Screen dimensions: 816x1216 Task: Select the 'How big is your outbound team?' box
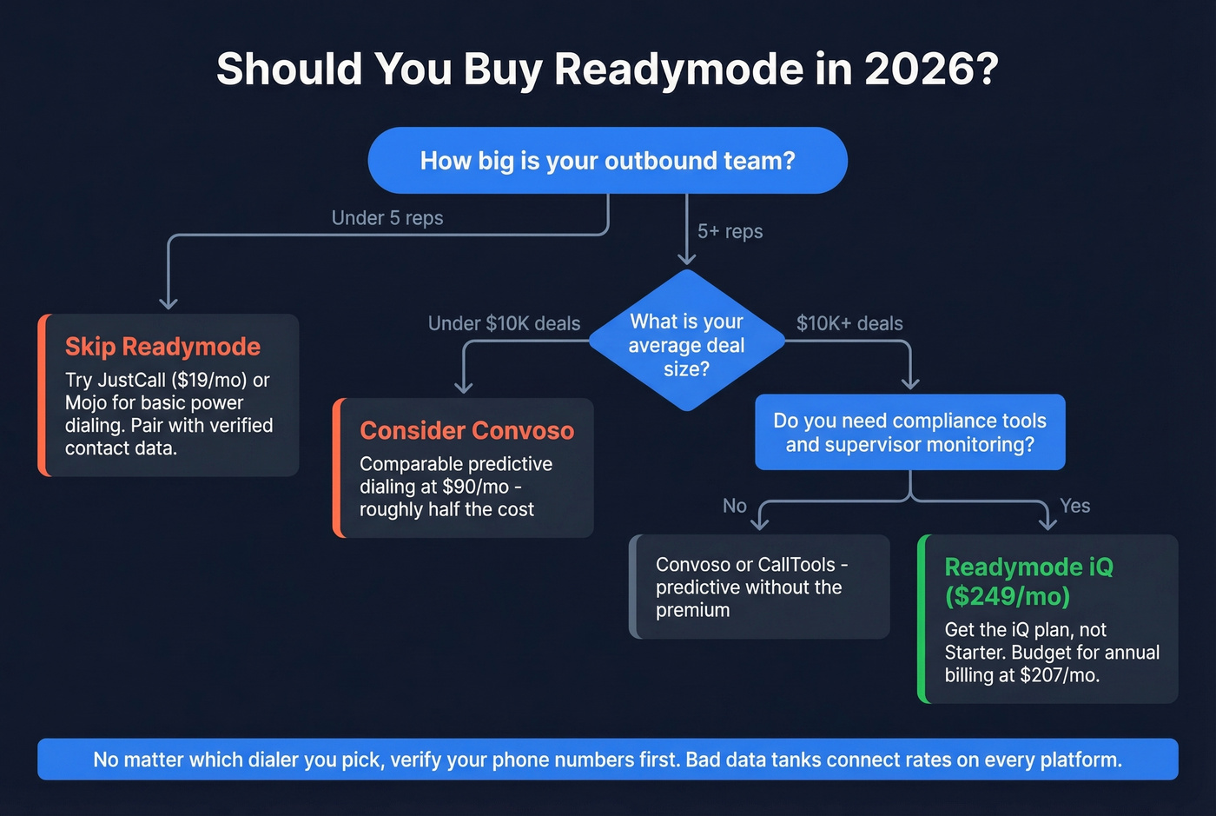(x=607, y=161)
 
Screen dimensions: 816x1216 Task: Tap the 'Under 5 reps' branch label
(x=387, y=218)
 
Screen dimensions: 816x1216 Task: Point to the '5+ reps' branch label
(x=730, y=232)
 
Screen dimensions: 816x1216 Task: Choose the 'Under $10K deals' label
(x=504, y=324)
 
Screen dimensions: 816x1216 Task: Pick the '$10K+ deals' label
(x=849, y=324)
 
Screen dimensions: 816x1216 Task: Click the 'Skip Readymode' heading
(x=162, y=347)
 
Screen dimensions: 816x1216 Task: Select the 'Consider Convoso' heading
(x=466, y=431)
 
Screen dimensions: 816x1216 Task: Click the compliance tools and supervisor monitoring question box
(x=909, y=433)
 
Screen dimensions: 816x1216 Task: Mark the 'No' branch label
(x=735, y=506)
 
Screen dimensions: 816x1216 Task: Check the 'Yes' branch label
(x=1074, y=506)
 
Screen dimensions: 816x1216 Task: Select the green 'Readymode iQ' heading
(x=1028, y=567)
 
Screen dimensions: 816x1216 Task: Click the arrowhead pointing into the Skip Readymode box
(x=169, y=302)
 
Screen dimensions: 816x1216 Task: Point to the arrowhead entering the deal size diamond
(x=686, y=258)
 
